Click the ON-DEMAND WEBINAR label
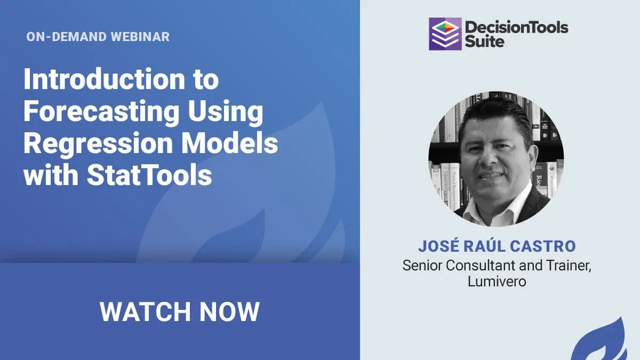point(98,37)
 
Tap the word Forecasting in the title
point(101,112)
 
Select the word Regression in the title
point(98,143)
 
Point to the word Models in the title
point(230,143)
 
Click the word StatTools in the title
point(149,175)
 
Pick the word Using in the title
point(226,112)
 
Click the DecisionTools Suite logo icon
point(445,34)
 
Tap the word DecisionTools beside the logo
point(517,28)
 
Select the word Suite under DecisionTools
point(485,42)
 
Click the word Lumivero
point(497,282)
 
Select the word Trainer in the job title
point(569,266)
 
